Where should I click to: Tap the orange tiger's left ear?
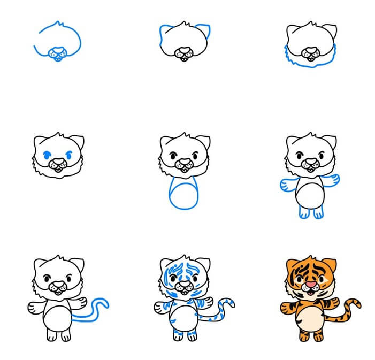[x=289, y=263]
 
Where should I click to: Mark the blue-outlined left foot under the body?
[x=304, y=212]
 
